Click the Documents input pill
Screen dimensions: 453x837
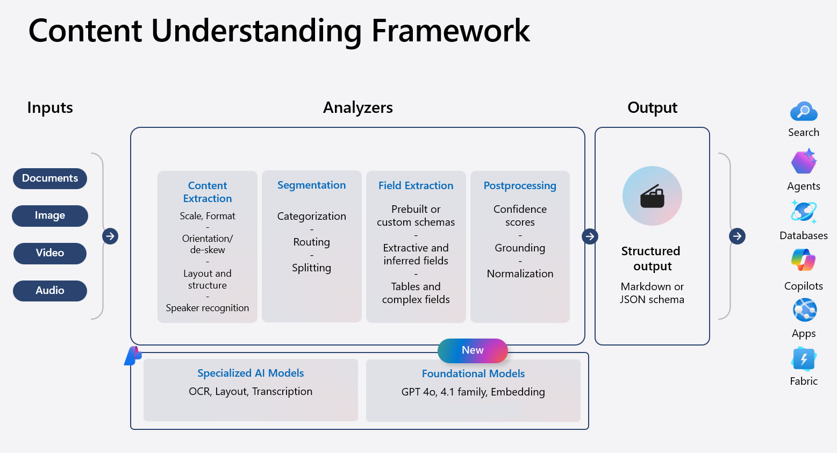50,178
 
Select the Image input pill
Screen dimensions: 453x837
50,215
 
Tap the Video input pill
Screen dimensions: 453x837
50,253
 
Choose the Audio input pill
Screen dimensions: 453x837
50,291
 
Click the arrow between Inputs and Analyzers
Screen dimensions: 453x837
110,236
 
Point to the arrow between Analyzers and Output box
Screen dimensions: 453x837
590,236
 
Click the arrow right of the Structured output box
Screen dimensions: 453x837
737,236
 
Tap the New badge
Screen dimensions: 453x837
473,350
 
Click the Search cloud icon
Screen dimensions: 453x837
804,112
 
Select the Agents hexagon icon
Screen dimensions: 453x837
804,162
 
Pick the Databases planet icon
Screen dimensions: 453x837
804,212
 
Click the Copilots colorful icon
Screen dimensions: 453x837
804,261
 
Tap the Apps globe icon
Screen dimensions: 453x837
804,310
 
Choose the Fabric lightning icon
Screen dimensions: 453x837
804,359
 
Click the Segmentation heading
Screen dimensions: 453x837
311,185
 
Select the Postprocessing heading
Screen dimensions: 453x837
520,186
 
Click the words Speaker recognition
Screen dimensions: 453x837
208,308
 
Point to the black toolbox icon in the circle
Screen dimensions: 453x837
652,196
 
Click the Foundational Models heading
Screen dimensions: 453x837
473,373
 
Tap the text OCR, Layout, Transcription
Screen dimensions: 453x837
251,392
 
